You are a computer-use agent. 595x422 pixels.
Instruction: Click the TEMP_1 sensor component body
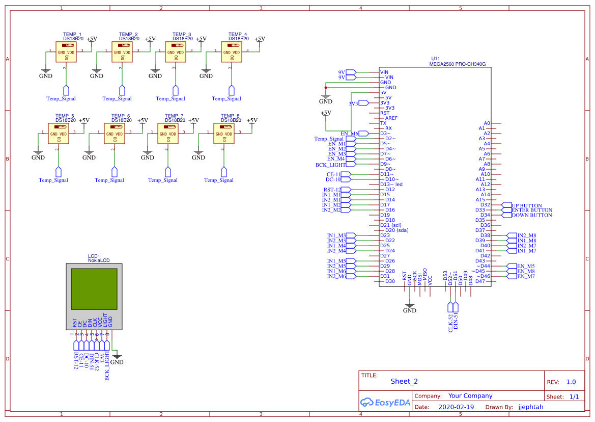66,52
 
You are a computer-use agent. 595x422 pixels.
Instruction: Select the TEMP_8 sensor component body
224,134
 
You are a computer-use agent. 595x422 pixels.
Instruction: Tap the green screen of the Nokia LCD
94,288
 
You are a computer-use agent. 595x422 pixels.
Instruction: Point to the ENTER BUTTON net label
531,210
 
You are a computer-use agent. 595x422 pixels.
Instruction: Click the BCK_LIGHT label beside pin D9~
330,165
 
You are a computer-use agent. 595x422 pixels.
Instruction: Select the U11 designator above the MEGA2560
435,59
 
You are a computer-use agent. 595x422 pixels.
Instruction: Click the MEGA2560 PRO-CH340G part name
458,65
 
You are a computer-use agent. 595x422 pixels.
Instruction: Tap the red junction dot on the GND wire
326,88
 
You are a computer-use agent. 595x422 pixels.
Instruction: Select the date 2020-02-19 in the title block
456,407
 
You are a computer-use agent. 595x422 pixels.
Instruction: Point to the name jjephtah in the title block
530,407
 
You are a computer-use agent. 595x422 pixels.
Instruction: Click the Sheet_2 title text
404,381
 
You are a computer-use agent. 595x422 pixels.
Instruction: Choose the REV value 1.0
571,382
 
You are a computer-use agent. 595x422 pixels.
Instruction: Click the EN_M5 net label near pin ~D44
526,266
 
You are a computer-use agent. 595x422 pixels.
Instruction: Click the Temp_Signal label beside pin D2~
329,139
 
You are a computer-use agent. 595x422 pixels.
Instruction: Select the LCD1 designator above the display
94,256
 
